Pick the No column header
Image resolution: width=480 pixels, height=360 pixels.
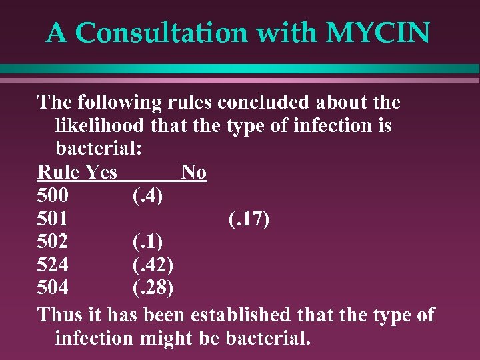[193, 172]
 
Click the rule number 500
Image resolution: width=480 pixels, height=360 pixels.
[53, 195]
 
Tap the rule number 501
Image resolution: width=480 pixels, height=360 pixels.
[53, 219]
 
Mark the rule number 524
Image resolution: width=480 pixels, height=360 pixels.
[53, 265]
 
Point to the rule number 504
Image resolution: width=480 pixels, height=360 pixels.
[53, 289]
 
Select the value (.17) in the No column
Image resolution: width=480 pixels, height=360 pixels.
[249, 219]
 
